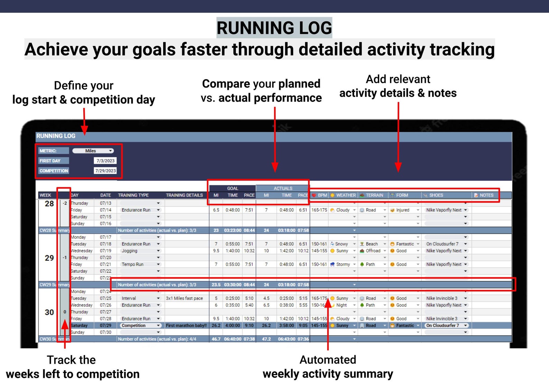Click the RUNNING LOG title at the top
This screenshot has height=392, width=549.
tap(274, 28)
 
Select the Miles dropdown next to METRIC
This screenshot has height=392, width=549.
tap(93, 151)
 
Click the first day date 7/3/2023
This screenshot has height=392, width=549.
tap(105, 161)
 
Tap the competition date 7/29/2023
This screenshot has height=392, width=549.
tap(105, 171)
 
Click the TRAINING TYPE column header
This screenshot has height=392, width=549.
tap(133, 195)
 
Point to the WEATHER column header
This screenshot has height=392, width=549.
tap(345, 195)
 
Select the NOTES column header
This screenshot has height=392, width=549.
tap(486, 195)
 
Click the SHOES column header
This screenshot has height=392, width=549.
tap(436, 195)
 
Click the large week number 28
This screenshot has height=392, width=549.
tap(49, 204)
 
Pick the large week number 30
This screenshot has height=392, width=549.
tap(49, 312)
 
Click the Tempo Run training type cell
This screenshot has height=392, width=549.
tap(132, 264)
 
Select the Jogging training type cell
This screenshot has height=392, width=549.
tap(130, 251)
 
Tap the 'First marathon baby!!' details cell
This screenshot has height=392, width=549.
tap(186, 326)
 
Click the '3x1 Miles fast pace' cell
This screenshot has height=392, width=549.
tap(184, 298)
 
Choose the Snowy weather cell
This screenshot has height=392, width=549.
tap(341, 244)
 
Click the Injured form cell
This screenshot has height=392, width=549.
tap(402, 210)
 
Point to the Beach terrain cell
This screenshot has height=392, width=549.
tap(372, 244)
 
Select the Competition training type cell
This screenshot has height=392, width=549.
tap(133, 326)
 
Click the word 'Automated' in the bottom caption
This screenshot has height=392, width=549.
tap(328, 360)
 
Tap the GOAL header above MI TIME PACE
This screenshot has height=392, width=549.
tap(232, 188)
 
